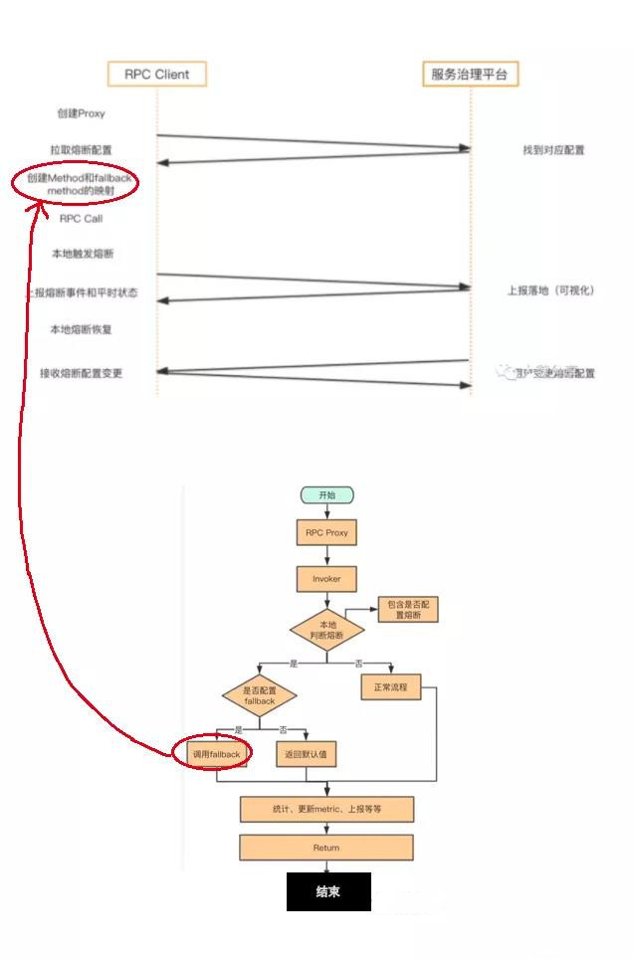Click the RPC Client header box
(156, 74)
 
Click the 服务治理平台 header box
(473, 74)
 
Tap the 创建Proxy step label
(81, 113)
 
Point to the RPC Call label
(81, 219)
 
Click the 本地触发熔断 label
(82, 255)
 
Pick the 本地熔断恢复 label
(82, 329)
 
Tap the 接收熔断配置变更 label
(82, 373)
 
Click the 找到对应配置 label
(553, 150)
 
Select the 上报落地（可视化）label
(550, 290)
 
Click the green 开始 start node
(326, 495)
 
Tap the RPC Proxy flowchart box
(326, 533)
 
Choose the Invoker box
(326, 578)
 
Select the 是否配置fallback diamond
(259, 695)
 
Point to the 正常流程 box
(390, 687)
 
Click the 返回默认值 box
(306, 755)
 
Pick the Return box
(326, 848)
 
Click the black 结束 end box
(328, 891)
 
